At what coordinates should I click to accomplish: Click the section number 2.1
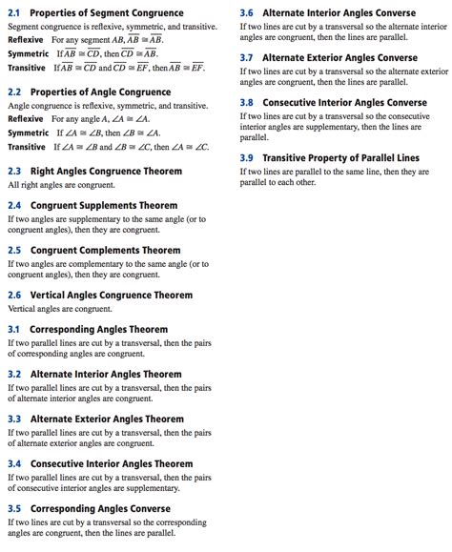(x=13, y=13)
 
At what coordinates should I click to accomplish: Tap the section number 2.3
(x=13, y=171)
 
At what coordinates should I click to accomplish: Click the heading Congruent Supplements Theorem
(x=103, y=205)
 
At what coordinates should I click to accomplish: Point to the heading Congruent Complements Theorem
(x=105, y=250)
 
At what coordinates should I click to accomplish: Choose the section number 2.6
(x=13, y=296)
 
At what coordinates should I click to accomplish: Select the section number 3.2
(x=13, y=374)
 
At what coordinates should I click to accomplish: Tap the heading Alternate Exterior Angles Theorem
(x=107, y=419)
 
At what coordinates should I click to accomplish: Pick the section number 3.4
(x=13, y=463)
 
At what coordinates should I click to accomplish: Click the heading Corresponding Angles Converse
(x=101, y=509)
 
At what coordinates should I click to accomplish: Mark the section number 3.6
(x=247, y=13)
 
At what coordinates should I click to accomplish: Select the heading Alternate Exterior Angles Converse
(x=339, y=58)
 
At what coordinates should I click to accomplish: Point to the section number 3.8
(x=247, y=102)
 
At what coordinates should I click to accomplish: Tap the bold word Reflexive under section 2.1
(x=26, y=40)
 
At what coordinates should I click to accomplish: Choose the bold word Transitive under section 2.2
(x=27, y=147)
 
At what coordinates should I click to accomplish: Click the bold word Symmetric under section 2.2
(x=28, y=133)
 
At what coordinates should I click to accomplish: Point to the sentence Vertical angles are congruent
(x=58, y=309)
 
